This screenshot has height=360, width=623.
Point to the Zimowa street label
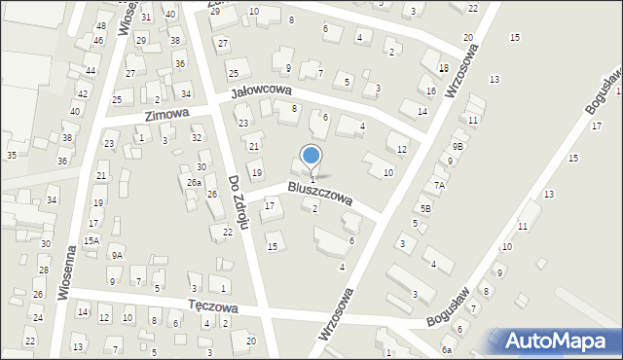[x=165, y=115]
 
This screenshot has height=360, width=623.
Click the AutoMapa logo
[x=559, y=341]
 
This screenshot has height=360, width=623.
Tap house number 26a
[x=194, y=183]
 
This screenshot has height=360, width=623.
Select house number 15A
[x=91, y=240]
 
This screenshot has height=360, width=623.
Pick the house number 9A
[x=116, y=255]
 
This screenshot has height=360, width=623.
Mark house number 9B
[x=457, y=146]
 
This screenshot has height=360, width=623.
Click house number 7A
[x=439, y=185]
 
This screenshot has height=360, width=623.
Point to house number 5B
[x=425, y=208]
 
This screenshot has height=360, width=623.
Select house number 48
[x=101, y=25]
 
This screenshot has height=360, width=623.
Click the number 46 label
[x=97, y=41]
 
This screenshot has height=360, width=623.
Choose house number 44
[x=90, y=72]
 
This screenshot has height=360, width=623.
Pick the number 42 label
[x=83, y=94]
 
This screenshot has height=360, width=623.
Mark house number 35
[x=11, y=156]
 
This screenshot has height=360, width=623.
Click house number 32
[x=196, y=138]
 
